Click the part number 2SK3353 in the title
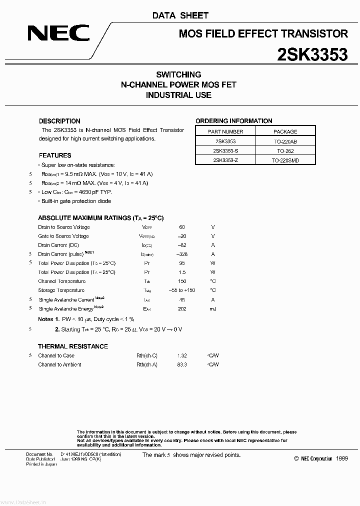(312, 54)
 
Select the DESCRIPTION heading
(59, 121)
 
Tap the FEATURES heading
(55, 155)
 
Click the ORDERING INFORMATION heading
(233, 121)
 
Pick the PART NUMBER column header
(225, 131)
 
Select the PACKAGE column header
(285, 131)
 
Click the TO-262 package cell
(285, 150)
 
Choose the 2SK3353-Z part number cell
(225, 160)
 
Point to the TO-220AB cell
(285, 141)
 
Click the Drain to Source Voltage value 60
(182, 227)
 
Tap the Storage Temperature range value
(182, 290)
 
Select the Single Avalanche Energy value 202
(182, 309)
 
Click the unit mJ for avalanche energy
(213, 309)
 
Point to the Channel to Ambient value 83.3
(182, 365)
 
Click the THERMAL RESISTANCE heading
(73, 346)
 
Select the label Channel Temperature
(61, 281)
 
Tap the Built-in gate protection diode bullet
(76, 201)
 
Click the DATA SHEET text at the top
(180, 15)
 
